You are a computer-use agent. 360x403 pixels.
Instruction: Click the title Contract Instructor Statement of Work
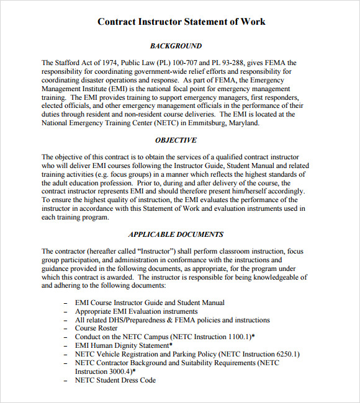coord(181,22)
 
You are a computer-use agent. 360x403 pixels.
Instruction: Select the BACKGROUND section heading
coord(176,46)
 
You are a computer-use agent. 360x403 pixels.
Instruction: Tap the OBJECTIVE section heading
coord(176,140)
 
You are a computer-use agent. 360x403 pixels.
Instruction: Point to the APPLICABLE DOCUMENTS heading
coord(176,234)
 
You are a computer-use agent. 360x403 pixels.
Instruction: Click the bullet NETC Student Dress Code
coord(115,380)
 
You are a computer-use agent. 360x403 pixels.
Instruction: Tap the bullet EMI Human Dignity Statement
coord(122,345)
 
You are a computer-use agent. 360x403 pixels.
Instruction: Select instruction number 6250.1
coord(283,354)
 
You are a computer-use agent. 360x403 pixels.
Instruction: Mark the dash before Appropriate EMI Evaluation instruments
coord(66,311)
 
